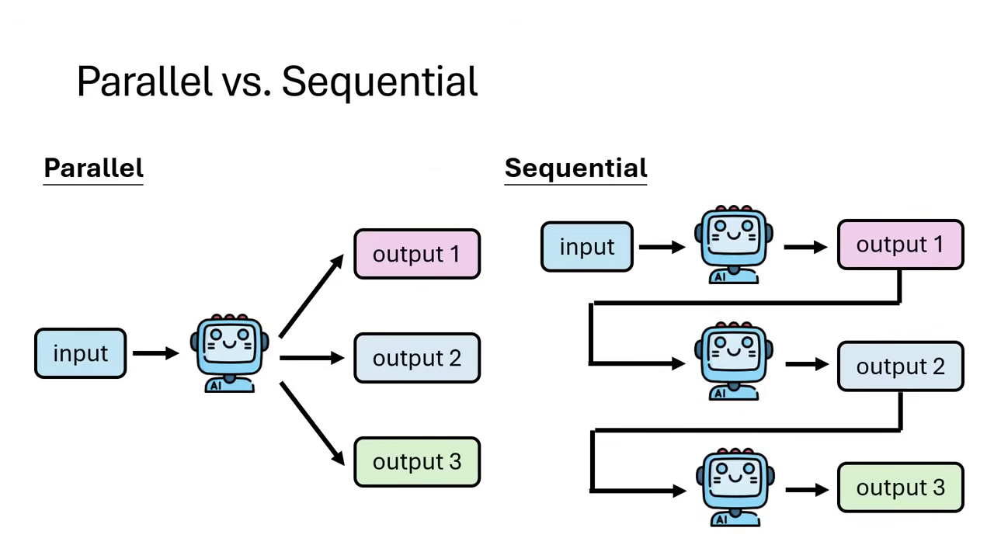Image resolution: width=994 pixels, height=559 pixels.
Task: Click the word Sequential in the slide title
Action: (x=379, y=82)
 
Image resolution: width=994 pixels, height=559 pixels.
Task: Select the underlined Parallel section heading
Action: (x=93, y=168)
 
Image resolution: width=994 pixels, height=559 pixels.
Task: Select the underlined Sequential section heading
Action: (x=575, y=168)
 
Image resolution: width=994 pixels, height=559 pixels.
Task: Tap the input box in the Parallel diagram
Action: (x=81, y=353)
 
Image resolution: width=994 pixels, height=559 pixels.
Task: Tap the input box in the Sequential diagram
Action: (x=587, y=247)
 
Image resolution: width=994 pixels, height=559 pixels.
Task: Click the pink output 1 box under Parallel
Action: (x=417, y=254)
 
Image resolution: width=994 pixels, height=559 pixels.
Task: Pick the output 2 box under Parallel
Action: (x=417, y=358)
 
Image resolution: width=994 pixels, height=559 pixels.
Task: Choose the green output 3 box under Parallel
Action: (x=417, y=462)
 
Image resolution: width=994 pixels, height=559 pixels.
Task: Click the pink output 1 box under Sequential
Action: (x=900, y=245)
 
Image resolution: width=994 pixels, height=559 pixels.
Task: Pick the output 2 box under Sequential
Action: (x=900, y=366)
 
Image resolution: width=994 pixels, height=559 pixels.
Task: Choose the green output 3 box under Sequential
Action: (x=900, y=488)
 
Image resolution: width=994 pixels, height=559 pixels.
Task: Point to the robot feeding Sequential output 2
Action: (x=734, y=362)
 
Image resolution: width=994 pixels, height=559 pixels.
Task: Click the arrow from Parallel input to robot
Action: (x=155, y=353)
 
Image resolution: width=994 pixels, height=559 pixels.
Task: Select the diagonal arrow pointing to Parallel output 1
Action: (x=311, y=296)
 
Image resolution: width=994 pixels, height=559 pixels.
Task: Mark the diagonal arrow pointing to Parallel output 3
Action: (x=311, y=422)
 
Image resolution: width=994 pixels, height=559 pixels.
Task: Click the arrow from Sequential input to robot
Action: (x=662, y=247)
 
